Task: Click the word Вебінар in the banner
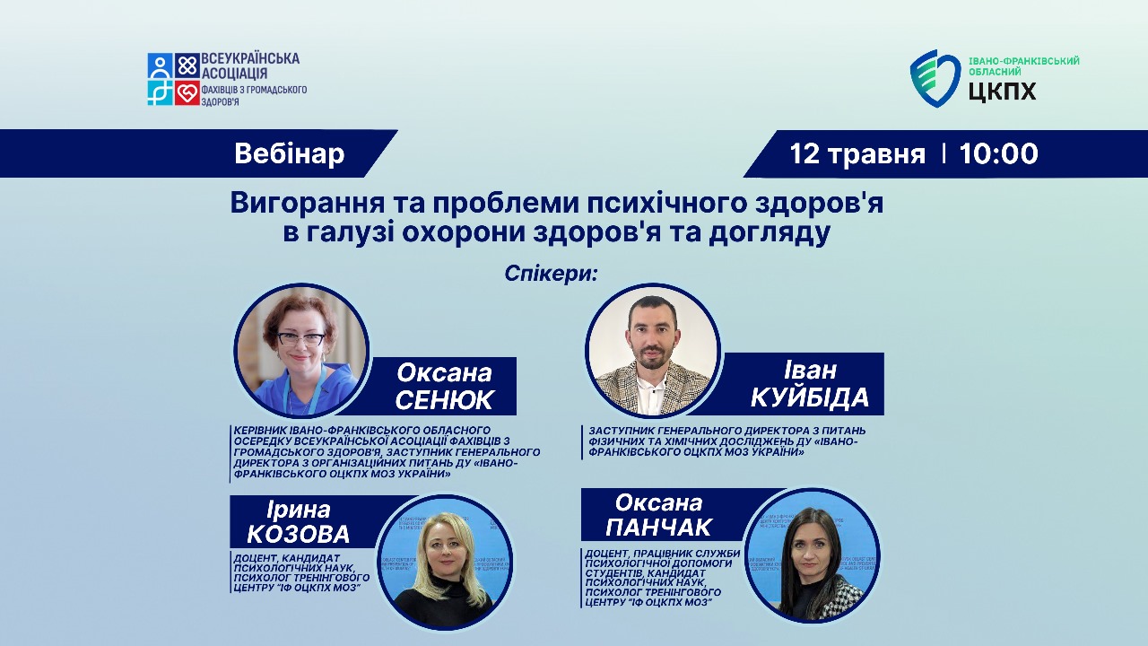290,153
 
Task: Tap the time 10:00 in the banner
998,153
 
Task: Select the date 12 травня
857,153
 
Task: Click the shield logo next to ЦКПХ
935,78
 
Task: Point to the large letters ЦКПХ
1002,92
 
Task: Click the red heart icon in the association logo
187,92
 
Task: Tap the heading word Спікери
550,274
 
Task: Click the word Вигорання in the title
307,204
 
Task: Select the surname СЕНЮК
444,400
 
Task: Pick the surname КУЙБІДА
810,397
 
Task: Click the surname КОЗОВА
299,534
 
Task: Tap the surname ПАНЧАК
658,527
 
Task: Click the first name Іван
810,370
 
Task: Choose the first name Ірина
299,510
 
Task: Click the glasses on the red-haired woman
300,339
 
